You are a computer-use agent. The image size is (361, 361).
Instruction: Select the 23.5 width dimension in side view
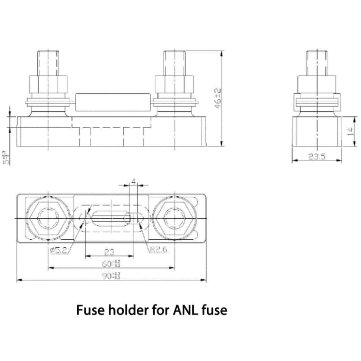click(x=317, y=157)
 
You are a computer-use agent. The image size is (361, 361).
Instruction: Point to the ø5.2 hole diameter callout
click(x=59, y=250)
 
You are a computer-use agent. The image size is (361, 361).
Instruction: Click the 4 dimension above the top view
click(x=133, y=181)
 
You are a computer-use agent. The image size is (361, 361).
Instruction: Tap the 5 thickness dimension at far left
click(x=5, y=157)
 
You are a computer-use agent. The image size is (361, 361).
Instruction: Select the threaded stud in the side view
click(x=317, y=63)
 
